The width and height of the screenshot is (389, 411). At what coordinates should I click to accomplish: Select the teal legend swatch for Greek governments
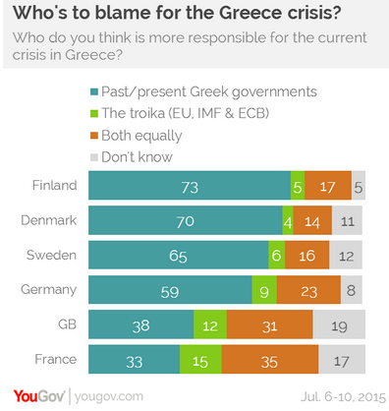point(94,91)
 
